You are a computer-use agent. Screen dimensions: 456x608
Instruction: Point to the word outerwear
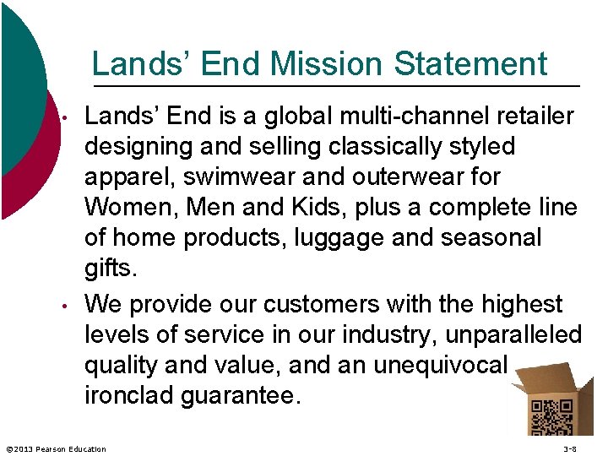408,177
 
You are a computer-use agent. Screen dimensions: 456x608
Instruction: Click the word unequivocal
430,365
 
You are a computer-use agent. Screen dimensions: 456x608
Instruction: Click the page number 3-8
569,449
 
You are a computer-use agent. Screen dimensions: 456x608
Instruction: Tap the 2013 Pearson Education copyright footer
55,449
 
